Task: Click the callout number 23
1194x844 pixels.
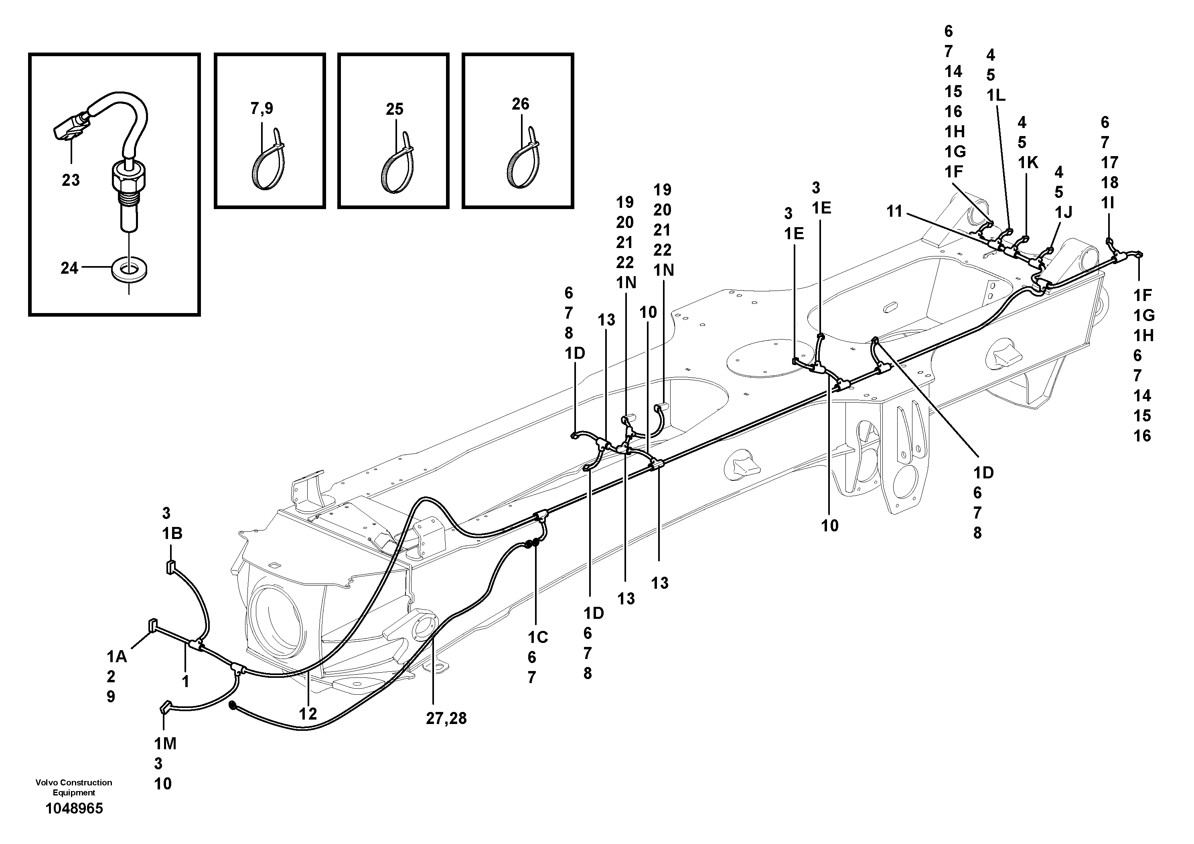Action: coord(71,181)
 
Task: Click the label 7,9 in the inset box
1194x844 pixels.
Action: coord(262,109)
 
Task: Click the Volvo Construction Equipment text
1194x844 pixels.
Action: coord(74,787)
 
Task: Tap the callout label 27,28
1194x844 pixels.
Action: coord(446,719)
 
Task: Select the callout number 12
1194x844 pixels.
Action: coord(308,714)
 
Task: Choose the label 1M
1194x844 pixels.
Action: coord(165,744)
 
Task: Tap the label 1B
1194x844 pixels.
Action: coord(172,533)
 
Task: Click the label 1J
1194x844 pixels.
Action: coord(1064,212)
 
